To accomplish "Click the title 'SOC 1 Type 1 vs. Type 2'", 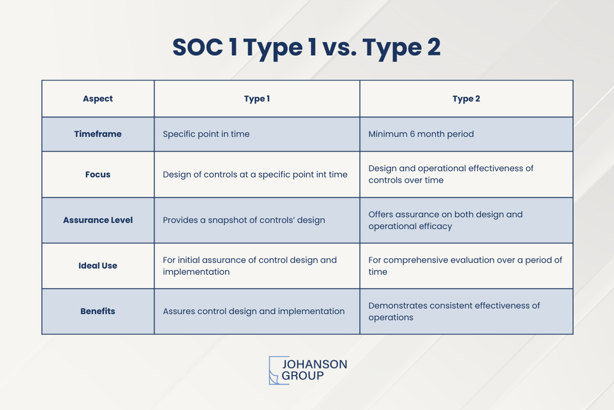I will (x=306, y=48).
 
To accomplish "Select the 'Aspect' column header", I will (x=98, y=99).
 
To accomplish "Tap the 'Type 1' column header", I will (x=257, y=99).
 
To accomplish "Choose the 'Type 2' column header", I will (x=466, y=99).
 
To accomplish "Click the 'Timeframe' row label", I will (x=98, y=134).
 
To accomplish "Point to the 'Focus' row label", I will (x=98, y=175).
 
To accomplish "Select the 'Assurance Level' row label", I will (x=98, y=220).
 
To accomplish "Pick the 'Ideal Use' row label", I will (x=98, y=266).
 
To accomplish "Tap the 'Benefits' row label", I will (x=98, y=311).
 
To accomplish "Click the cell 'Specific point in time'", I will (x=206, y=134).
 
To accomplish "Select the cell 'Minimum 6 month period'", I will (x=421, y=134).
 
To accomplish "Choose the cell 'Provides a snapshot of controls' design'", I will (x=244, y=220).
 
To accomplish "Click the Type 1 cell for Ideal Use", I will (x=250, y=266).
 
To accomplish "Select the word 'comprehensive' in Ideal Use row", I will (x=418, y=260).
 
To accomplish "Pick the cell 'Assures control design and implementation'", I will (x=254, y=311).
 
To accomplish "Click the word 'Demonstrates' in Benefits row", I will (x=397, y=306).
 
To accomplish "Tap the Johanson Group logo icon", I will (x=279, y=370).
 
